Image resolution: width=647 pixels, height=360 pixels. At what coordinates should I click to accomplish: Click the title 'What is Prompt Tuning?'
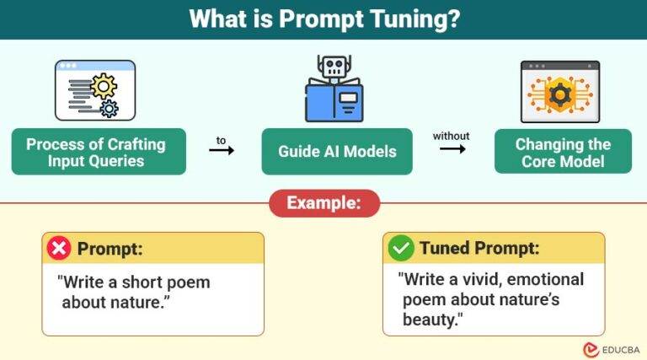click(x=323, y=19)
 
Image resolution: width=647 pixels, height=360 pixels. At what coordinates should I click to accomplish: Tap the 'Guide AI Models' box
click(x=337, y=152)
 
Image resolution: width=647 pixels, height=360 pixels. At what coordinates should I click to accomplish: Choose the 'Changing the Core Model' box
click(x=563, y=152)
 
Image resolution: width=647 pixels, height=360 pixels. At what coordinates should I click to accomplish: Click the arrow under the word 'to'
click(x=222, y=150)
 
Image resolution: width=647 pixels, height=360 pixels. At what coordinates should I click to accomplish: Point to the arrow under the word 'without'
click(x=452, y=149)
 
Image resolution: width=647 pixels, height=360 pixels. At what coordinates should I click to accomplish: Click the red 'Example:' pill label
click(x=323, y=203)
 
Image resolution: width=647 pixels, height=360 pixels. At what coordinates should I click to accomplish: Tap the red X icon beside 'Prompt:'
click(x=59, y=248)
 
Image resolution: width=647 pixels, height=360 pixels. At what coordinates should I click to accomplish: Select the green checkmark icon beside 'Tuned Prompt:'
click(x=400, y=248)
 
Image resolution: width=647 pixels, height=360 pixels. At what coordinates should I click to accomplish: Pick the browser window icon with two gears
click(x=94, y=90)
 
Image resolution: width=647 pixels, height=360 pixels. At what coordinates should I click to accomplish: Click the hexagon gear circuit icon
click(x=559, y=92)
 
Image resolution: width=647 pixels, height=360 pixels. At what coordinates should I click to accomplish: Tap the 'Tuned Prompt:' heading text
click(x=479, y=248)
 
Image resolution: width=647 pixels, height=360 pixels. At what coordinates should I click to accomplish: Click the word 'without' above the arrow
click(x=452, y=136)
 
